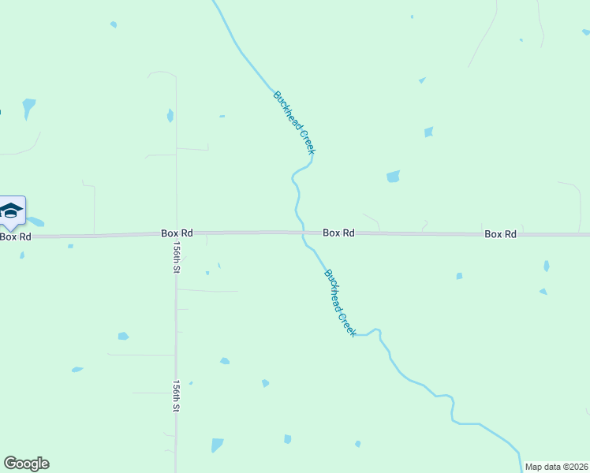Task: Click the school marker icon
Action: (11, 210)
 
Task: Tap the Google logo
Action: (26, 464)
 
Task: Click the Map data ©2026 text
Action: (556, 467)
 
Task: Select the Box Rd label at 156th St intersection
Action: (177, 233)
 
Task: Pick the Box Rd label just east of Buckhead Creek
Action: (338, 233)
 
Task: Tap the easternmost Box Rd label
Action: (500, 234)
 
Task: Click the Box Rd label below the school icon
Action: (16, 236)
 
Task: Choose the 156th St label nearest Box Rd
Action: (177, 257)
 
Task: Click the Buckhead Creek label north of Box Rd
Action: (294, 122)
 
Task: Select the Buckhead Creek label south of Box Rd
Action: (340, 303)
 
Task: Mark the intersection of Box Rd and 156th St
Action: (176, 234)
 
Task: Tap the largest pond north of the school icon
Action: (29, 106)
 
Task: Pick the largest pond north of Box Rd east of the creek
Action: (393, 177)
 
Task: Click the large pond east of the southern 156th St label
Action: (217, 445)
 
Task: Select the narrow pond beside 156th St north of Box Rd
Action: (170, 115)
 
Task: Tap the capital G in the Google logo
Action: (10, 464)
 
